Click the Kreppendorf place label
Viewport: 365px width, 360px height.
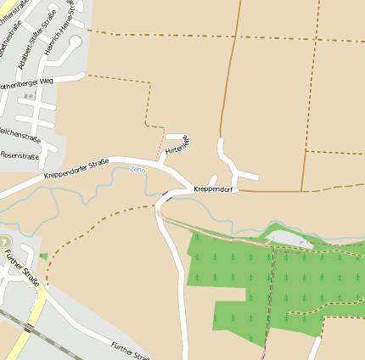click(213, 188)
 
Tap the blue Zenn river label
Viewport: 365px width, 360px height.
click(138, 170)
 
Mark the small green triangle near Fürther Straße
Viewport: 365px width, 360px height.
click(42, 256)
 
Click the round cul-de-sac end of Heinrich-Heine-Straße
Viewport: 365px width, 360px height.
click(75, 41)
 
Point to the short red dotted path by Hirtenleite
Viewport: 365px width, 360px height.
click(160, 146)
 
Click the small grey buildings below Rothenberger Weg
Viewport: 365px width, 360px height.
click(29, 97)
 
